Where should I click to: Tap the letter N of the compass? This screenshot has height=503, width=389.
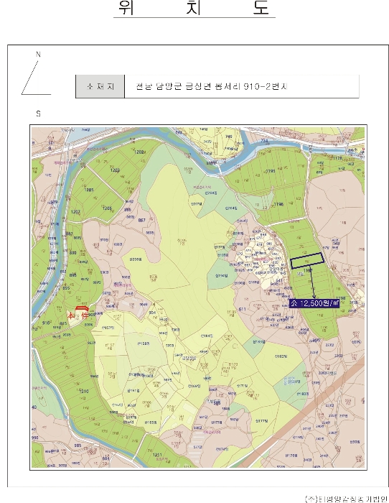(x=39, y=55)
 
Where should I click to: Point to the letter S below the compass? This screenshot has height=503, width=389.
(x=38, y=114)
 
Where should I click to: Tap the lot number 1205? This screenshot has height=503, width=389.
(x=108, y=208)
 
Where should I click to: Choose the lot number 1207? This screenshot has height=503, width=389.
(x=76, y=212)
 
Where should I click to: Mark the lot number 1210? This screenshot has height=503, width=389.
(x=83, y=391)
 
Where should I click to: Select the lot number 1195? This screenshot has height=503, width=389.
(x=271, y=171)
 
